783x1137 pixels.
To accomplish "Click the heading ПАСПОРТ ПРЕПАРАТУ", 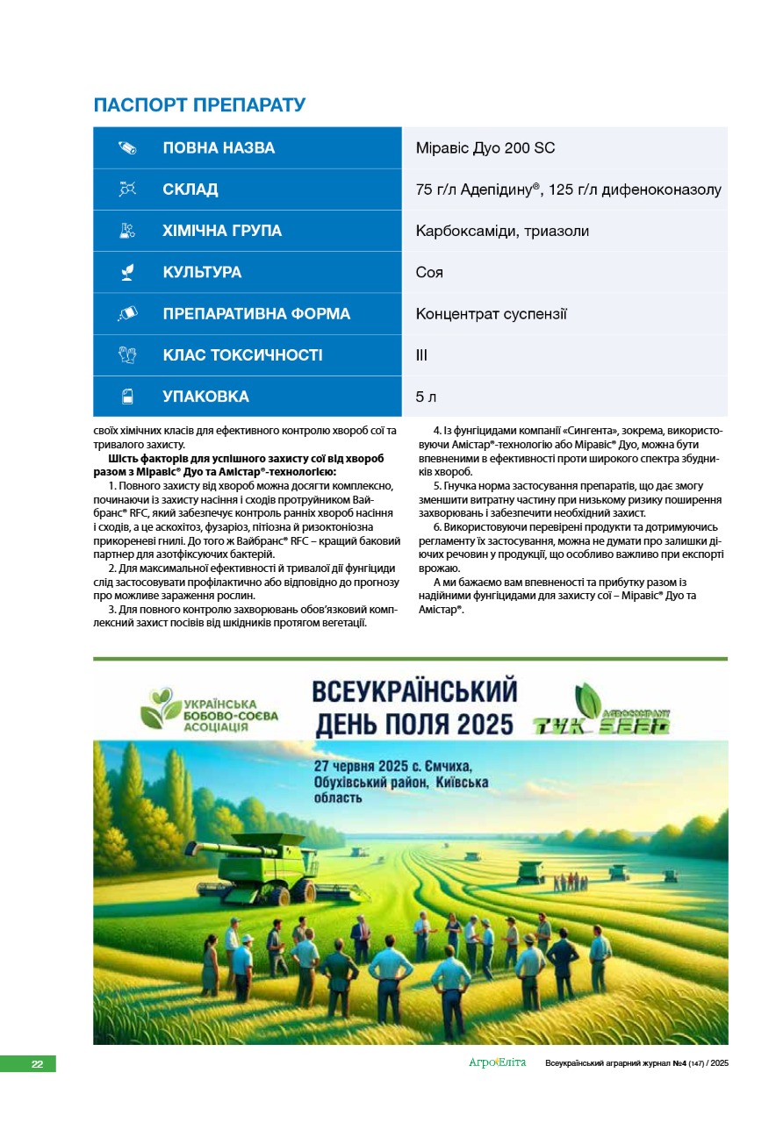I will [x=199, y=106].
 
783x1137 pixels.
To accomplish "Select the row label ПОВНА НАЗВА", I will [x=219, y=148].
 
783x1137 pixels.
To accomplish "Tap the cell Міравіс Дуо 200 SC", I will [x=485, y=148].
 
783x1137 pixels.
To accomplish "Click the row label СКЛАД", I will [x=190, y=189].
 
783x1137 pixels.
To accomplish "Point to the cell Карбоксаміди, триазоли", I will [x=502, y=231].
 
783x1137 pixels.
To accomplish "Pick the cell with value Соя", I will [x=429, y=272].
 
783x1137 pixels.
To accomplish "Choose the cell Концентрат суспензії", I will [x=491, y=313].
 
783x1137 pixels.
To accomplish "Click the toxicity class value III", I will [x=421, y=355].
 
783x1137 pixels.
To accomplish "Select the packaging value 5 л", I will [x=426, y=397].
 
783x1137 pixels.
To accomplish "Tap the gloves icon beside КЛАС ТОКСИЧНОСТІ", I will [x=128, y=355].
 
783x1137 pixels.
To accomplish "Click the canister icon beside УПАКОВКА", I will [x=128, y=397].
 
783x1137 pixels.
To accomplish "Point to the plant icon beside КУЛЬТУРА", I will [x=128, y=273].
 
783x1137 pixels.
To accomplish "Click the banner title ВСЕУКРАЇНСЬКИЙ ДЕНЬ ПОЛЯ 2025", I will [x=413, y=708].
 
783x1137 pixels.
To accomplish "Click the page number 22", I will [x=37, y=1063].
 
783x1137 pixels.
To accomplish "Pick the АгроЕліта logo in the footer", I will [x=497, y=1063].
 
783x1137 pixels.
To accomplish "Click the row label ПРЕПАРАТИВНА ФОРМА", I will [x=256, y=314].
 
